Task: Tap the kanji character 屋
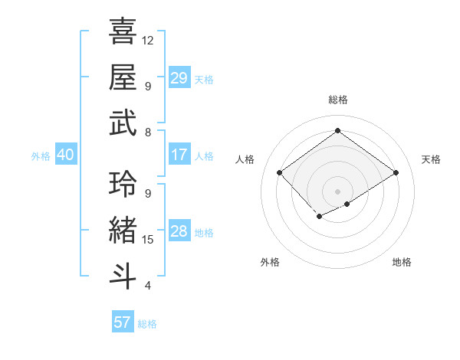tap(123, 77)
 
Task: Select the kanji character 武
tap(123, 123)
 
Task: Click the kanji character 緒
tap(123, 227)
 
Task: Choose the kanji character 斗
tap(123, 273)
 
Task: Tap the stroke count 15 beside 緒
tap(148, 240)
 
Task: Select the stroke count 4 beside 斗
tap(147, 286)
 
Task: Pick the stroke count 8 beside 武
tap(147, 133)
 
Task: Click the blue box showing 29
tap(179, 78)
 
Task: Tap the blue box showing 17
tap(179, 155)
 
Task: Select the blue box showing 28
tap(179, 231)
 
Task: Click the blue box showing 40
tap(65, 155)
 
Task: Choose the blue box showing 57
tap(122, 322)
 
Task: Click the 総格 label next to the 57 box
tap(147, 324)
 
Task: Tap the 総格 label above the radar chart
tap(337, 100)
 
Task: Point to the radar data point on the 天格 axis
tap(396, 173)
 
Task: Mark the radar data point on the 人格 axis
tap(280, 173)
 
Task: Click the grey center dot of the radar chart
tap(337, 190)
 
